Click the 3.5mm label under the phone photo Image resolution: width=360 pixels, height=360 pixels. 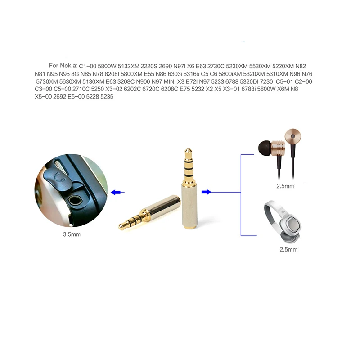point(72,234)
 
